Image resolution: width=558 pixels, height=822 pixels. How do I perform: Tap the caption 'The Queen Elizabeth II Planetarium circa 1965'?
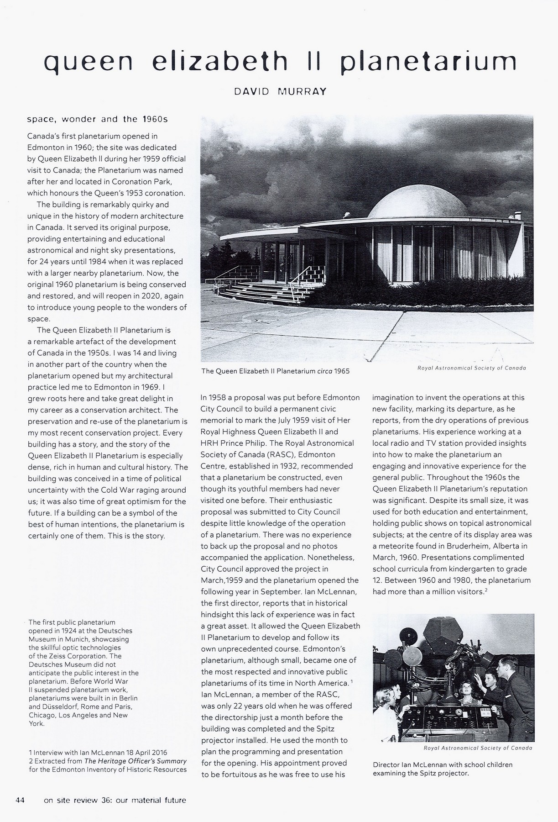tap(276, 371)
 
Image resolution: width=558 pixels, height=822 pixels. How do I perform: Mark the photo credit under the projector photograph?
tap(478, 748)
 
